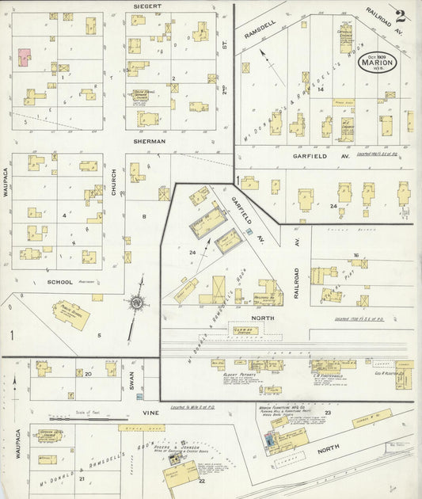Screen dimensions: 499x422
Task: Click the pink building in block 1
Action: coord(25,56)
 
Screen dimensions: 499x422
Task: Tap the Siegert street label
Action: coord(148,6)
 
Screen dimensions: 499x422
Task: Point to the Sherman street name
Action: coord(149,141)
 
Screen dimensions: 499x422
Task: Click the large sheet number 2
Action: coord(401,17)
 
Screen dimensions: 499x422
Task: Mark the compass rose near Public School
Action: coord(139,302)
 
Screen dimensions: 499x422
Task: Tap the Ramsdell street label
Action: coord(259,33)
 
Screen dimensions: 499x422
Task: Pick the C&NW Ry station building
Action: coord(244,329)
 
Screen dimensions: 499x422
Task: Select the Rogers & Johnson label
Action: coord(184,445)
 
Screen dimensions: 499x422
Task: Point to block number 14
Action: coord(320,90)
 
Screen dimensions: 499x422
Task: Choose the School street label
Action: coord(60,282)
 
